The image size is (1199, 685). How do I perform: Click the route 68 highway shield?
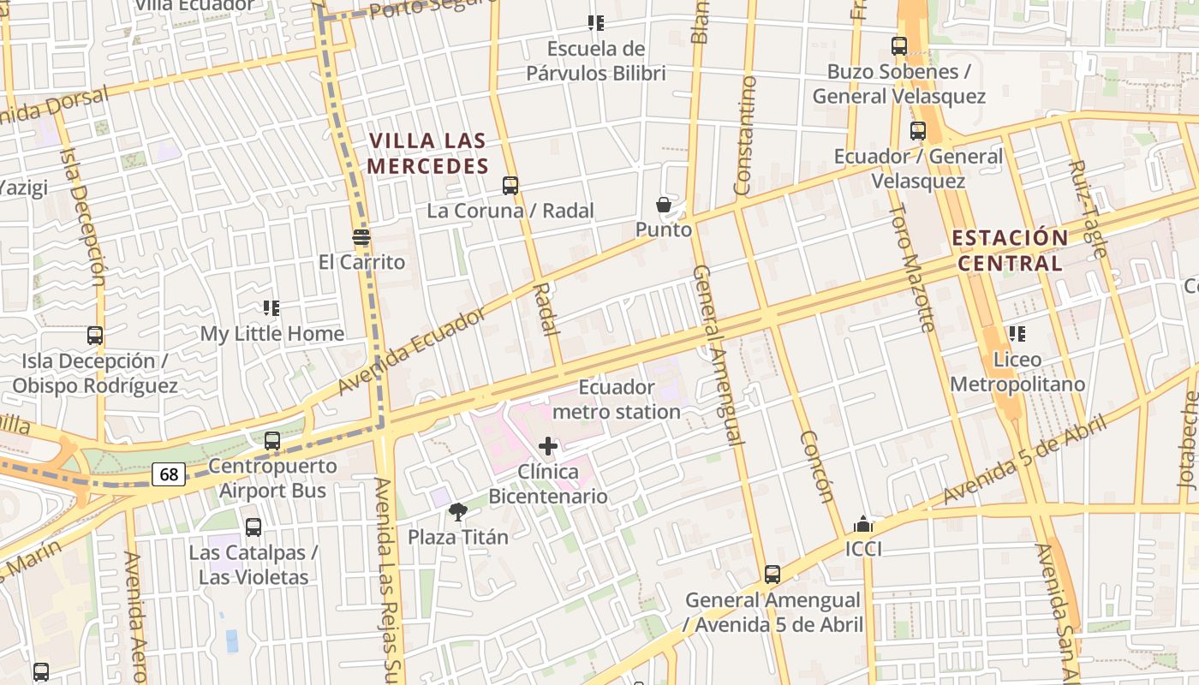pos(170,474)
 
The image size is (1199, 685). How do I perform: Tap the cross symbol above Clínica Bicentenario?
pos(548,446)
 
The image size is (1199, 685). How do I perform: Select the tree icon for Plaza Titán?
pos(458,512)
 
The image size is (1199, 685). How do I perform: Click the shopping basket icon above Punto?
pos(664,205)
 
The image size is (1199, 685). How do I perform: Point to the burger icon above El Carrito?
pos(361,237)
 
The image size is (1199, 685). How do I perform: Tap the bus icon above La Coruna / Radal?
pos(510,185)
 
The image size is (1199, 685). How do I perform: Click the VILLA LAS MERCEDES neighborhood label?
pos(428,153)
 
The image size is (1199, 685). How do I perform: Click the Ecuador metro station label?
pos(617,400)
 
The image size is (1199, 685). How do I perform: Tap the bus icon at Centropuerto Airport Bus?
pos(272,441)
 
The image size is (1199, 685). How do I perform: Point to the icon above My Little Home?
pos(271,308)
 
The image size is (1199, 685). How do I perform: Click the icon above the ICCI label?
pos(863,524)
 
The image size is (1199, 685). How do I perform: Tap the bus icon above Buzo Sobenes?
pos(899,46)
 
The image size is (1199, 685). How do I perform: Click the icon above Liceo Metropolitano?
pos(1017,334)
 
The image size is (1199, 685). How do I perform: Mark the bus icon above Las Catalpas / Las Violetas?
pos(254,527)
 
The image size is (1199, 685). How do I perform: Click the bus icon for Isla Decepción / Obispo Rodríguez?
pos(95,336)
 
